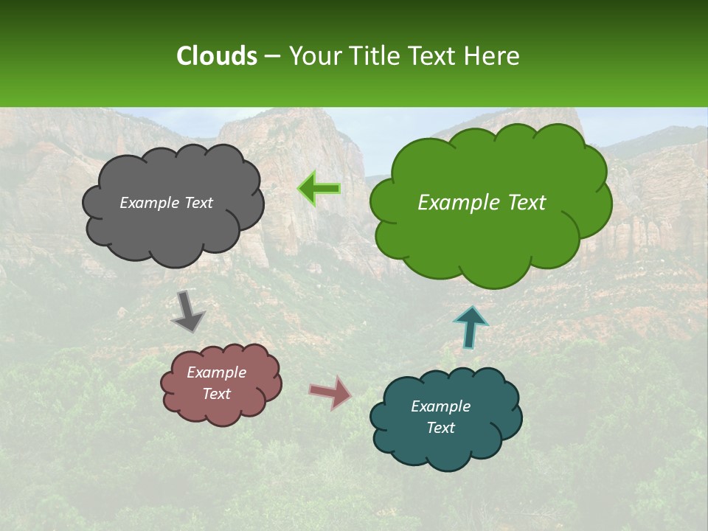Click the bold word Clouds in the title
(x=217, y=56)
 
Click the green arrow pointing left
(x=319, y=189)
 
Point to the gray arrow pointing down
(x=188, y=310)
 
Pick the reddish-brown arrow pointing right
(x=330, y=392)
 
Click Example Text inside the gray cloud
(x=166, y=203)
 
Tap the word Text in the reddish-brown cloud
(x=217, y=394)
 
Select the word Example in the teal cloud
(x=440, y=406)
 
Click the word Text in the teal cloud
(x=440, y=428)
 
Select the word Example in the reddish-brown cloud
(x=217, y=372)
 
